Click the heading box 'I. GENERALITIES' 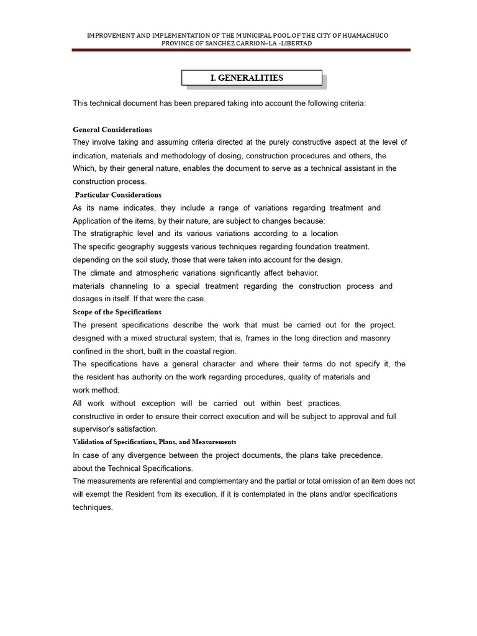coord(252,78)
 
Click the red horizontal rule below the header coord(241,51)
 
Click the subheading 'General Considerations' coord(112,130)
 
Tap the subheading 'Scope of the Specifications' coord(117,312)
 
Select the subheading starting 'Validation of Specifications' coord(155,442)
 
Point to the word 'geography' coord(148,247)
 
